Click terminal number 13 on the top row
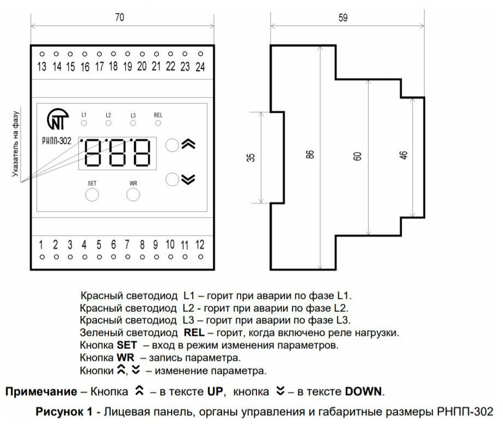point(42,67)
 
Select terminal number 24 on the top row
point(200,67)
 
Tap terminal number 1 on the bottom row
point(42,244)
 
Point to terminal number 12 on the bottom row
point(200,244)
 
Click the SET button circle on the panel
point(92,195)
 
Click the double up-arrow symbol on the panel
point(187,145)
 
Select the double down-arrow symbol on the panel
point(187,179)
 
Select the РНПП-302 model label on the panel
point(57,140)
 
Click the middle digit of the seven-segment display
point(117,153)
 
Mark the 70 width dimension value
point(120,17)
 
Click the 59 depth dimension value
point(343,17)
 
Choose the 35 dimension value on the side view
point(250,158)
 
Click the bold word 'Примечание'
point(37,391)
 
